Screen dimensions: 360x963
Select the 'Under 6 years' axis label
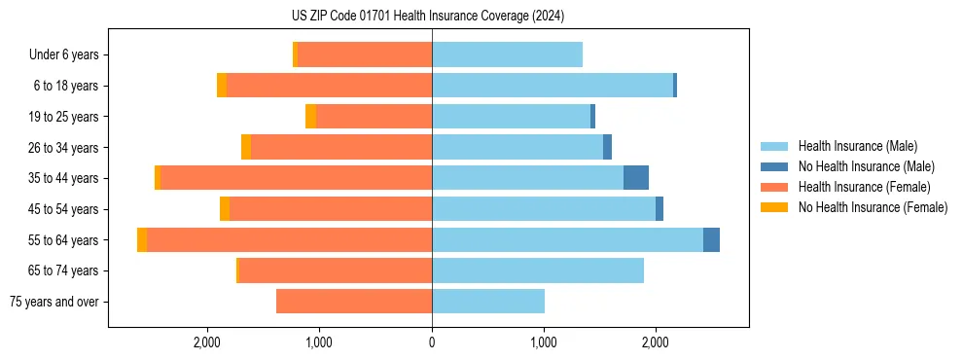(63, 54)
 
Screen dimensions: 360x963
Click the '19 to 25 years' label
(63, 117)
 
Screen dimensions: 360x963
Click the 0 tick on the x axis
(432, 342)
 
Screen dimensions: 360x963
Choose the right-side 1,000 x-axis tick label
(544, 342)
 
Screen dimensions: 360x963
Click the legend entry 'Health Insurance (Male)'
(857, 146)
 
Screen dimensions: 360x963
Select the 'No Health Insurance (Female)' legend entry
(873, 207)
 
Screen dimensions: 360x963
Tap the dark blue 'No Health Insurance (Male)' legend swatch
(774, 166)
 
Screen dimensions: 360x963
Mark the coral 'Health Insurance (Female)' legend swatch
(774, 187)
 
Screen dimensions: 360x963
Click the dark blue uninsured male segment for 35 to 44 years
(636, 178)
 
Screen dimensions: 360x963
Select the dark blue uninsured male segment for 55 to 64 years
(711, 239)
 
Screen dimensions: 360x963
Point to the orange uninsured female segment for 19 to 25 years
(310, 117)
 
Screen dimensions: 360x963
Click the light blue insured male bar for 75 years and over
(488, 302)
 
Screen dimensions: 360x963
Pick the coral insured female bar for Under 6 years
(365, 54)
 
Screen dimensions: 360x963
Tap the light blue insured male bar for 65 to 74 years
(538, 270)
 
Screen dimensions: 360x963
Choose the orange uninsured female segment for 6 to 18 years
(222, 86)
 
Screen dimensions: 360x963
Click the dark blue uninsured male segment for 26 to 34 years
(607, 147)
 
